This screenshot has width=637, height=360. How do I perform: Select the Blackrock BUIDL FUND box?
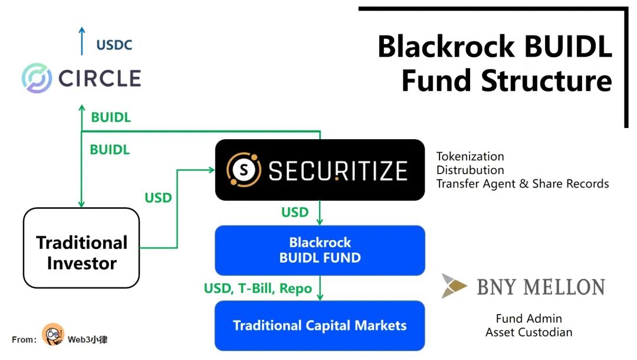[320, 250]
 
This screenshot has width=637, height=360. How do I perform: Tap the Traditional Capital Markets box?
[320, 325]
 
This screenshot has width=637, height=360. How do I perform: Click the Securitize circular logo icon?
[244, 170]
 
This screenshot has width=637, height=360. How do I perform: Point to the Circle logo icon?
[37, 78]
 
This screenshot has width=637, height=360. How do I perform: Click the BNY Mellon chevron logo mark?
[454, 286]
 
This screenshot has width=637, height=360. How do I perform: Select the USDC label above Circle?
[114, 45]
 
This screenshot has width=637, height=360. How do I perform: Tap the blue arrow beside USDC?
[82, 40]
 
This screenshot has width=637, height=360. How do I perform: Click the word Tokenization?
[470, 156]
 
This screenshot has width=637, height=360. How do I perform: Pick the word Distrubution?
[470, 170]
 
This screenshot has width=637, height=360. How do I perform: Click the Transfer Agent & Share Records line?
[523, 184]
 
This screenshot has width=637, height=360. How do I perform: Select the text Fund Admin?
[528, 319]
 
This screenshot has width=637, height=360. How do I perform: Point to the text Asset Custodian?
[528, 332]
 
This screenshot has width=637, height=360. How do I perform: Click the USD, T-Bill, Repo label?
[258, 289]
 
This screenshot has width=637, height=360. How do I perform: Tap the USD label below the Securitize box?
[295, 212]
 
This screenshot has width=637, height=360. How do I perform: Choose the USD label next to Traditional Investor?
[158, 198]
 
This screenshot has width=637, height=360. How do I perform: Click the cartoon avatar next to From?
[53, 335]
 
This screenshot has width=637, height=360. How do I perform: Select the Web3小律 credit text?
[87, 339]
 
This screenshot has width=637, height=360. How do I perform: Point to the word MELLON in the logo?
[566, 287]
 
